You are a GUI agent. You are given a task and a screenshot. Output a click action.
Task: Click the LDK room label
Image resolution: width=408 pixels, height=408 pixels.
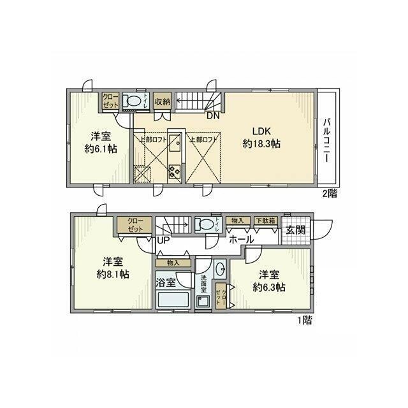coord(261,132)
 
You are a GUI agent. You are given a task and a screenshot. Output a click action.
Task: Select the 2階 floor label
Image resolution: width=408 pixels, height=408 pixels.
coord(329,193)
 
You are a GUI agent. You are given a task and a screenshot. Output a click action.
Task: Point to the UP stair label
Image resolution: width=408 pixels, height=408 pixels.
coord(163,241)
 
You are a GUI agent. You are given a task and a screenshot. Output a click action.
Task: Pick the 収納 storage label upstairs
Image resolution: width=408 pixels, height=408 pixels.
coord(163,101)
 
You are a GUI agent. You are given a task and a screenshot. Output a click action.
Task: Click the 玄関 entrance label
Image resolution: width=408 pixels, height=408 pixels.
coord(295,230)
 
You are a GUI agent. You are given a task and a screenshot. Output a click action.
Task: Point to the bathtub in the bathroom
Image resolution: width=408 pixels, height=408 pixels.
coord(173,299)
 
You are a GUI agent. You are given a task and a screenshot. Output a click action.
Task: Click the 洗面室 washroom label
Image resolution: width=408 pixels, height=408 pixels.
coord(204,283)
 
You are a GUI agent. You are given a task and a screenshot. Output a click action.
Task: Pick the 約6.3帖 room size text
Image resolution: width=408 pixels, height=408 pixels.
coord(267,286)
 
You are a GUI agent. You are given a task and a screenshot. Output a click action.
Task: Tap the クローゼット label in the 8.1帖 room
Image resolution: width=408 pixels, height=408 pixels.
coord(135,224)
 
